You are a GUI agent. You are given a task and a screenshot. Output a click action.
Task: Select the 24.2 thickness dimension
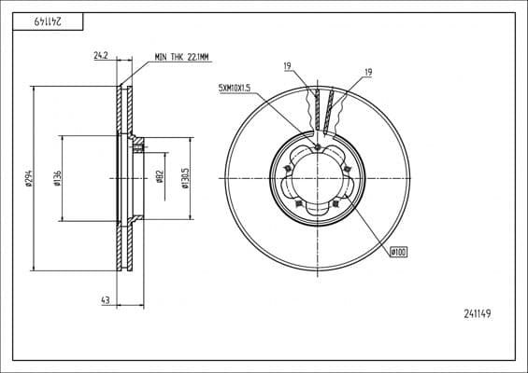coord(101,56)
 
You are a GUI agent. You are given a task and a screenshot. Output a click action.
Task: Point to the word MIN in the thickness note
coord(163,56)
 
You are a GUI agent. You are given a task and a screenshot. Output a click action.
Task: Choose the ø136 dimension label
coord(58,177)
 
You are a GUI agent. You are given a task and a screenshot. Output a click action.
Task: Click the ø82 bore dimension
coord(161,177)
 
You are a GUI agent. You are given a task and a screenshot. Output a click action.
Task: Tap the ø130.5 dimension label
coord(186,177)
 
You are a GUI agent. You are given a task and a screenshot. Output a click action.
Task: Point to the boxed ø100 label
coord(398,251)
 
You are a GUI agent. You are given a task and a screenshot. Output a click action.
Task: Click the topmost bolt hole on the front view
coord(318,146)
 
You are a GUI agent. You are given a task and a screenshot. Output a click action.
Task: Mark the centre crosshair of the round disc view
coord(318,177)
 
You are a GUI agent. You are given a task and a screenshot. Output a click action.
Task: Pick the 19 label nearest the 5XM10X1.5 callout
coord(287,65)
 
